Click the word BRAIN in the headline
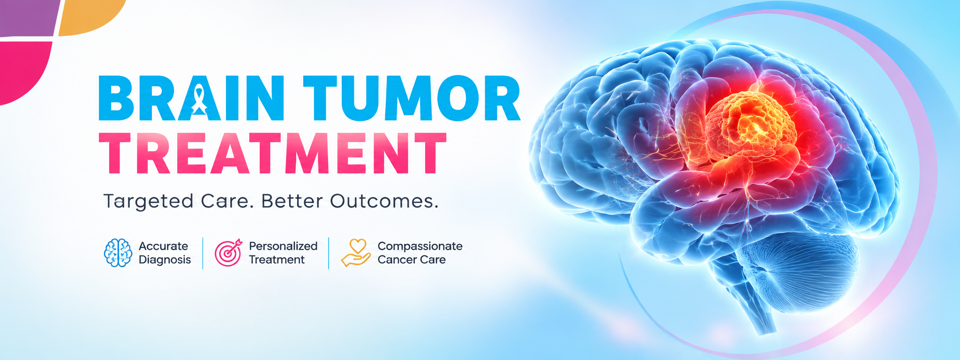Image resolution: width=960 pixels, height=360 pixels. (x=191, y=98)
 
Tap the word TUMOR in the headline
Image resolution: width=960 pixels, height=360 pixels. (x=412, y=98)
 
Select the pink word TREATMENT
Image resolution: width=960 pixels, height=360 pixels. (x=272, y=153)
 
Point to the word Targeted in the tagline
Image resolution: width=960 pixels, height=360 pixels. (x=148, y=202)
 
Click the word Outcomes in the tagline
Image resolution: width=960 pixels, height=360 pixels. (x=384, y=201)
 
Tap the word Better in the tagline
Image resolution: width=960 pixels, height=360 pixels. (x=292, y=201)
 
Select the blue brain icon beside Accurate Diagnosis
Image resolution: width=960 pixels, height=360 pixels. (x=118, y=253)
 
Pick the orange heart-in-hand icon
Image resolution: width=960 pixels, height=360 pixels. (x=356, y=253)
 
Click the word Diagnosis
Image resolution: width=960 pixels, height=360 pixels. (x=165, y=260)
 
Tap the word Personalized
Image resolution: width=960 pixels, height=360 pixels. (x=283, y=246)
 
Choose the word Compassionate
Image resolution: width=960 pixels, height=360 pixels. (x=420, y=246)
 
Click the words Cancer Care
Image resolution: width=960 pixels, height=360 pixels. (x=412, y=260)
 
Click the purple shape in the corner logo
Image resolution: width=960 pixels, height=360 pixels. (x=28, y=18)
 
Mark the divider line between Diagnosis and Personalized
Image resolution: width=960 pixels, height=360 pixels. (x=203, y=253)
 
